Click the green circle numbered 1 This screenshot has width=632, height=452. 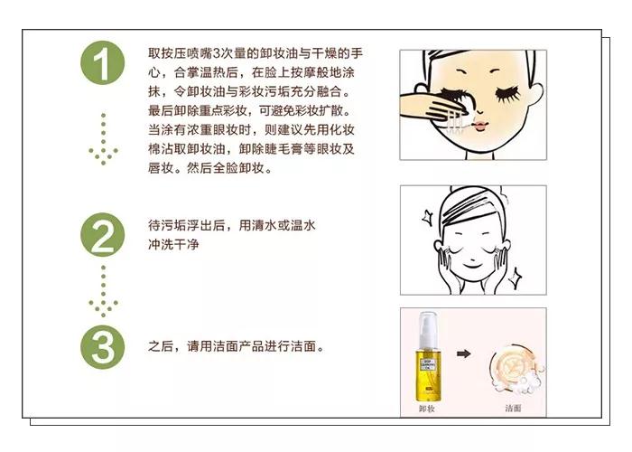click(x=103, y=63)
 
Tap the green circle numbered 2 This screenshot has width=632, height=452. click(x=103, y=235)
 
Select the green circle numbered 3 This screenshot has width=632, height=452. click(x=103, y=347)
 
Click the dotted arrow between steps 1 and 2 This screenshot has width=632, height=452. click(x=104, y=139)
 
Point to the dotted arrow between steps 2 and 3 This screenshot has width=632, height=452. click(x=104, y=291)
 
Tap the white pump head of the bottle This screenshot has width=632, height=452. click(x=427, y=329)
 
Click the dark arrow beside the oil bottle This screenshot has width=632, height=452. click(x=464, y=354)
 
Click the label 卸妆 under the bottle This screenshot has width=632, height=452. click(x=427, y=409)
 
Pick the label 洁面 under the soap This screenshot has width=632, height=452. click(x=513, y=409)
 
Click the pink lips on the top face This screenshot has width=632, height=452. click(x=479, y=126)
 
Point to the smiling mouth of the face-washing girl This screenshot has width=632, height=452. click(x=472, y=264)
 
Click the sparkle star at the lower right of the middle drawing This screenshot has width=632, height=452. click(x=515, y=277)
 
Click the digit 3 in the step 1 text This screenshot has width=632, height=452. click(x=217, y=53)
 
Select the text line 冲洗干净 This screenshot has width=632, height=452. click(x=173, y=245)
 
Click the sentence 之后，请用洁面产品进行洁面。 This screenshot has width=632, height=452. click(x=237, y=346)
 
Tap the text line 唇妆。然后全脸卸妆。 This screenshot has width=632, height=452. click(x=210, y=168)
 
